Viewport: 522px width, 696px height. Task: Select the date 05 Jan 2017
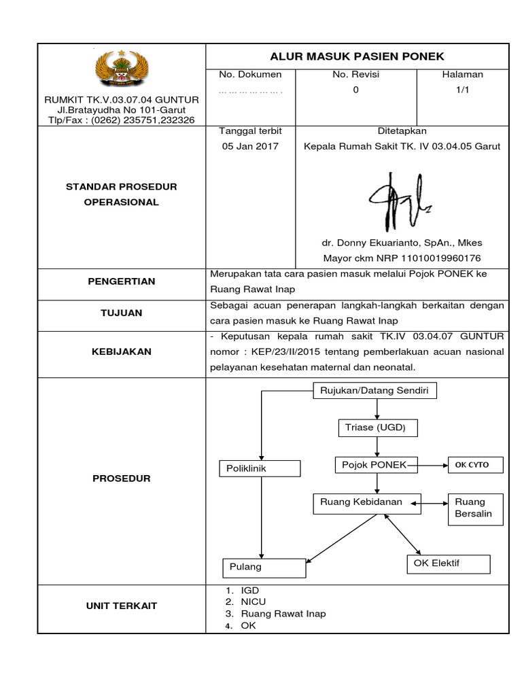click(250, 146)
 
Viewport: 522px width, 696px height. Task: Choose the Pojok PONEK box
click(371, 464)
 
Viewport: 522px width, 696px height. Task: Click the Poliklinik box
click(260, 469)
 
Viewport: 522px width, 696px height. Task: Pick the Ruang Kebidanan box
click(358, 502)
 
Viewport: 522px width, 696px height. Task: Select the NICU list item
click(253, 602)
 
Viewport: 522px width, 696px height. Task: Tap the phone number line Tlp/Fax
click(122, 119)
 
